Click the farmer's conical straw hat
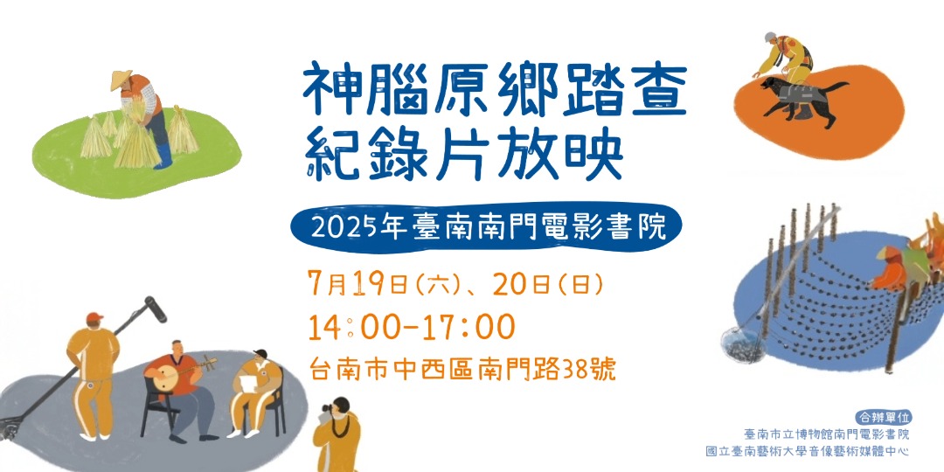pos(122,80)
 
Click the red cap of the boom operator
pos(94,316)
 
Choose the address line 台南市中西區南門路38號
pos(463,369)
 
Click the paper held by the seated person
pos(248,381)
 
